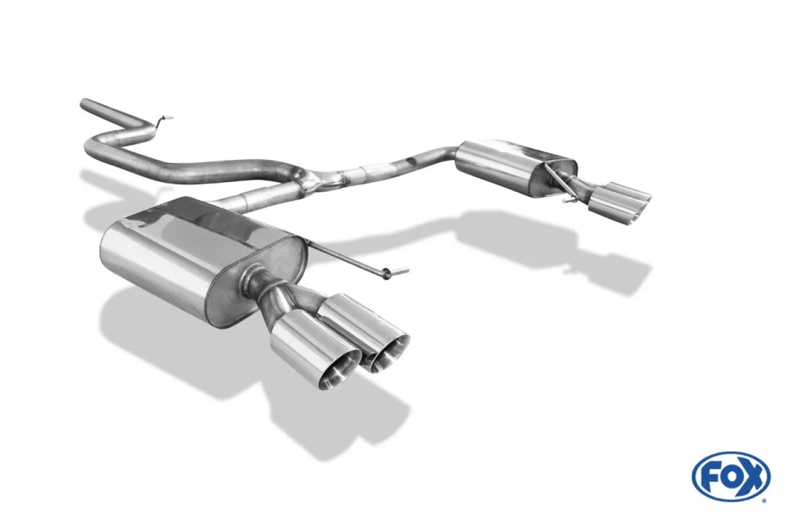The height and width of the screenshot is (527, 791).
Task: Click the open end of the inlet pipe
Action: click(x=83, y=104)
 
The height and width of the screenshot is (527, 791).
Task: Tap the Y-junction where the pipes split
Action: click(x=306, y=182)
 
